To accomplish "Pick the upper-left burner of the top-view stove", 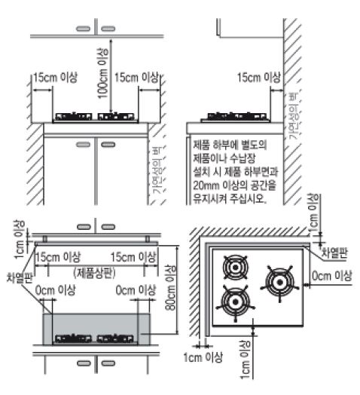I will pyautogui.click(x=234, y=268).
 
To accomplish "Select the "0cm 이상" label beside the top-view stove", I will pyautogui.click(x=331, y=277).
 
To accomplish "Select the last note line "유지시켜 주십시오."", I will pyautogui.click(x=229, y=202).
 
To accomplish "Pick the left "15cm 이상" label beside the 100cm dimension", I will pyautogui.click(x=53, y=78).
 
